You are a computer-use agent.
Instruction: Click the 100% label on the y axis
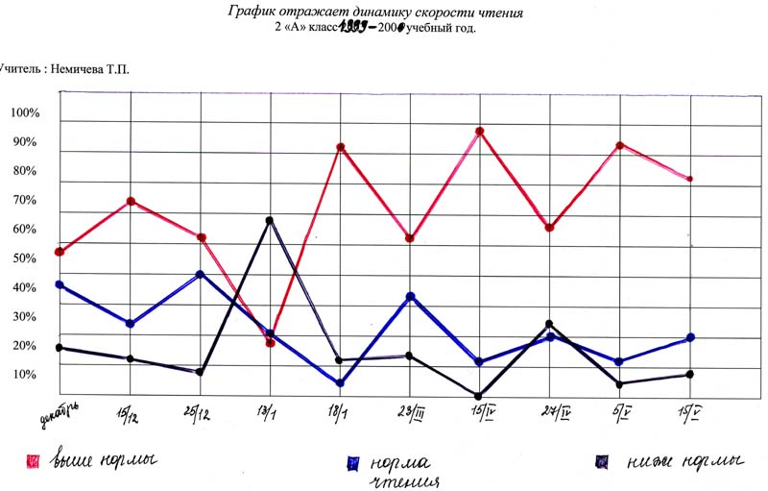(24, 113)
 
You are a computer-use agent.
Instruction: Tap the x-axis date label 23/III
(413, 414)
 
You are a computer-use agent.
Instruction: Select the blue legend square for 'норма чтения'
(352, 463)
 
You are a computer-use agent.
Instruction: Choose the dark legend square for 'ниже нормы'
(602, 462)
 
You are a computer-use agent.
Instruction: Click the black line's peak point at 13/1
(270, 220)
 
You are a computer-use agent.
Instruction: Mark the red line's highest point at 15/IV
(479, 132)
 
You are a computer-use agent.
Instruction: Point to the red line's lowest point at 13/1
(271, 342)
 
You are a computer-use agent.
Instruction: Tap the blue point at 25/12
(200, 275)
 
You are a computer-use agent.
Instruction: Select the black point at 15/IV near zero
(479, 395)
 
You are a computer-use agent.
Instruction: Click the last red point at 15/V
(689, 179)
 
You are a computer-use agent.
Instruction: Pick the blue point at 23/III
(410, 297)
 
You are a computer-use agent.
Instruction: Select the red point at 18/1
(340, 148)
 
